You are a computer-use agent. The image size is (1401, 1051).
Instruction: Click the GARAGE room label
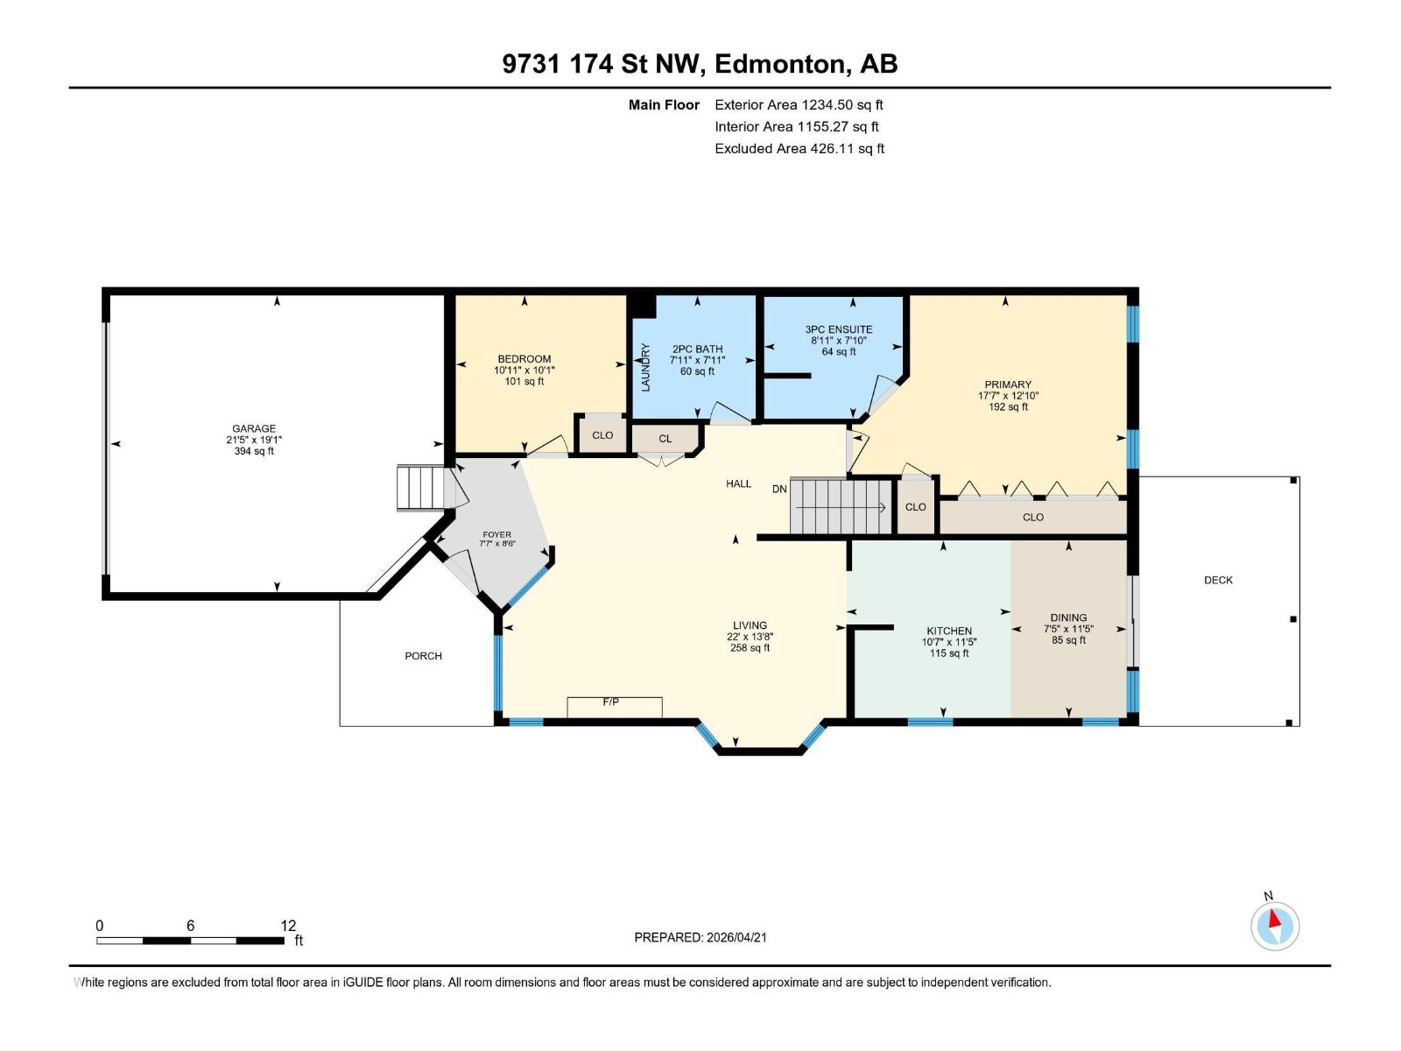tap(254, 428)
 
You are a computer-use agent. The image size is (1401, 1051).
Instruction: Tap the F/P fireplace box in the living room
tap(614, 706)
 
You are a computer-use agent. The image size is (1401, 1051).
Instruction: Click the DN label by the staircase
tap(779, 489)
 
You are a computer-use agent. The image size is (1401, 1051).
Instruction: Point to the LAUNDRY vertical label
tap(645, 367)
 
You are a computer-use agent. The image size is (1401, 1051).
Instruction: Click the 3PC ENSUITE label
tap(839, 329)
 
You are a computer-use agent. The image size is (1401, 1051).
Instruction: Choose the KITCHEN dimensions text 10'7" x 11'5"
tap(949, 642)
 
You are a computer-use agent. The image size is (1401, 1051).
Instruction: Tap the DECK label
tap(1218, 580)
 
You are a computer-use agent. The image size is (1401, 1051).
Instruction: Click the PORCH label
tap(423, 656)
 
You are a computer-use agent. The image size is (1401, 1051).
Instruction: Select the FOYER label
tap(496, 534)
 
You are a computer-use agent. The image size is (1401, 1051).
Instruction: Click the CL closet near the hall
tap(665, 439)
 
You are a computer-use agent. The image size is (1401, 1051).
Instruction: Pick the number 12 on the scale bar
tap(288, 926)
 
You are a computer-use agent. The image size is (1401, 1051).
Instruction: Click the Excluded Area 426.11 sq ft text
tap(799, 149)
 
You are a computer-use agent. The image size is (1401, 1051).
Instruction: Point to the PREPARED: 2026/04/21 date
tap(700, 937)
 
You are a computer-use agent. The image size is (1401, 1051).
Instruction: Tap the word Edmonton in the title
tap(781, 64)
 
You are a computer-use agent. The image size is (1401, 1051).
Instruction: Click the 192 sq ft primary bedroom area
tap(1008, 407)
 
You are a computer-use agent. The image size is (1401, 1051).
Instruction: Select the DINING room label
tap(1068, 617)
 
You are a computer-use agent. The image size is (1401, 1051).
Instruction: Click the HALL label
tap(738, 483)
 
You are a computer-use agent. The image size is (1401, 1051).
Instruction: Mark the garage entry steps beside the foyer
tap(421, 488)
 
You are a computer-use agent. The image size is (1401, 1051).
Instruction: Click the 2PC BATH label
tap(697, 349)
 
